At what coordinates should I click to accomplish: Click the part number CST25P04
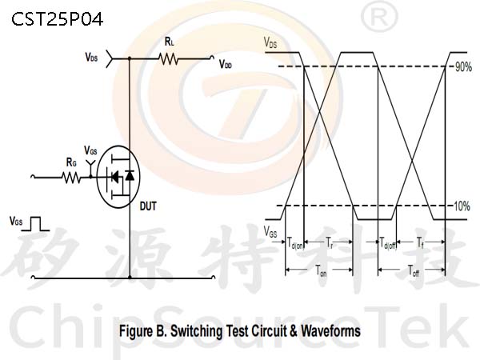[58, 19]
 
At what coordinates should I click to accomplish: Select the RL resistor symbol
[168, 58]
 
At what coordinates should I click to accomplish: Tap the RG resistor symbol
[71, 178]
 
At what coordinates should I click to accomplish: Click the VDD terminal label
[226, 65]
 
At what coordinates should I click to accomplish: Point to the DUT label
[148, 206]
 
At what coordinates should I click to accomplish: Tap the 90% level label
[463, 67]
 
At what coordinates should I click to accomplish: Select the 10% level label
[462, 206]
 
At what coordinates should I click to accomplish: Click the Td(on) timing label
[295, 242]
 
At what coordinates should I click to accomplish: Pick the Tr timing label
[329, 242]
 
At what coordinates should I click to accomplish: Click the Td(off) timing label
[388, 242]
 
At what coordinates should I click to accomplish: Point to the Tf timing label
[420, 242]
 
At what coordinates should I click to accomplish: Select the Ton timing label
[321, 270]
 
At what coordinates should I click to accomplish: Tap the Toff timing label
[414, 270]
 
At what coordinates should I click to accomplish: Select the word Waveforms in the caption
[330, 331]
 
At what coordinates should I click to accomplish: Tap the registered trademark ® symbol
[379, 18]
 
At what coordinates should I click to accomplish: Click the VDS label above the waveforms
[270, 42]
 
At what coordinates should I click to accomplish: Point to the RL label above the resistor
[170, 42]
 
